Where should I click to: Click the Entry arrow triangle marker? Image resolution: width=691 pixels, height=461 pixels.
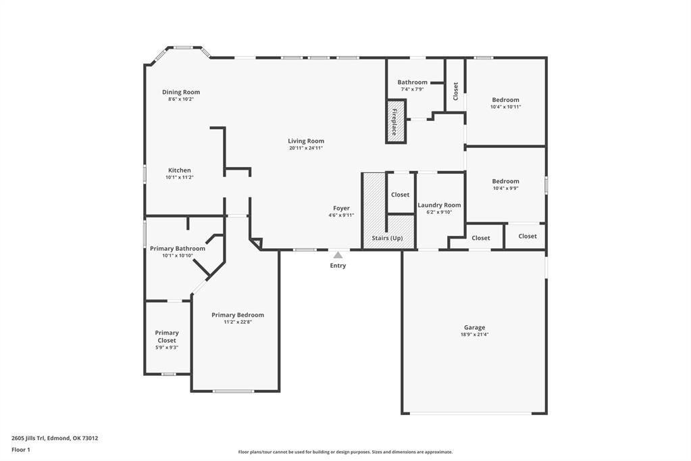pos(338,255)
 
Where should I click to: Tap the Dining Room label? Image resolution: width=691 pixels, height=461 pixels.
pos(181,92)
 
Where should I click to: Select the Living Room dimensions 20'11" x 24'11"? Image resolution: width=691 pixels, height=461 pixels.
pos(306,148)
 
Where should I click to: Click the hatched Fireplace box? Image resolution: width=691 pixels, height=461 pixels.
pos(396,122)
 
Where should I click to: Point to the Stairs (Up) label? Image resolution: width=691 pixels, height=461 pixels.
pos(388,238)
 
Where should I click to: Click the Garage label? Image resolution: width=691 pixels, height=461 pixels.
pos(474,327)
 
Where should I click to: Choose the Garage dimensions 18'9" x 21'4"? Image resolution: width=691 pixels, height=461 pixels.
pos(474,335)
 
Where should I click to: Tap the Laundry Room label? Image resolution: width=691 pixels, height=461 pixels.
pos(439,205)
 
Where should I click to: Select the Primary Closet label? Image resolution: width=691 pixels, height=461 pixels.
pos(167,336)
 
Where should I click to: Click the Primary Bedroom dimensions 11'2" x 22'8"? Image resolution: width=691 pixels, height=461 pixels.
pos(238,322)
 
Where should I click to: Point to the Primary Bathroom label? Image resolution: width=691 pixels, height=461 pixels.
pos(178,248)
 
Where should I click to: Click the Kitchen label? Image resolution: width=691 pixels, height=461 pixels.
pos(180,170)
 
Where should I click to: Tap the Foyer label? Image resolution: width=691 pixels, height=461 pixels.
pos(341,208)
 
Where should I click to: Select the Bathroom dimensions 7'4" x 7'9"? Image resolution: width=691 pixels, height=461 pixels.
pos(412,89)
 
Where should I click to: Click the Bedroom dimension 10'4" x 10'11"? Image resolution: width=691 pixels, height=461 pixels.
pos(505,107)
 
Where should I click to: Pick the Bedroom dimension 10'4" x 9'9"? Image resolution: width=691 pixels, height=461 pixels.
pos(505,189)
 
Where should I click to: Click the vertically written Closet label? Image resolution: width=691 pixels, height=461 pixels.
pos(455,91)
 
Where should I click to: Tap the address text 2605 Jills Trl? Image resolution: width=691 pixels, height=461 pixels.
pos(34,438)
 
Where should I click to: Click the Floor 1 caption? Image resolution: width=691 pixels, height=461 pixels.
pos(21,450)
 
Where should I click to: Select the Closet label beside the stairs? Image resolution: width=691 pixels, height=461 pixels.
pos(400,195)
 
